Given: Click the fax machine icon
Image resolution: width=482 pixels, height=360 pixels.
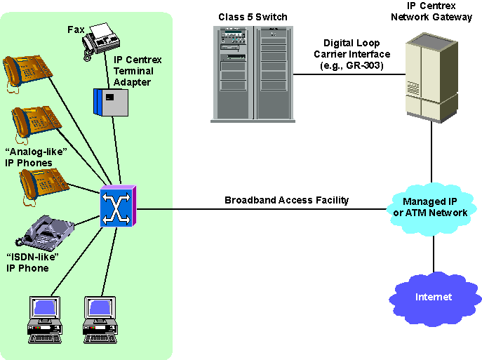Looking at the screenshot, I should pyautogui.click(x=100, y=41).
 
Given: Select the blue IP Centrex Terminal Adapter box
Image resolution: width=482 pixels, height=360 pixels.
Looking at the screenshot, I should pyautogui.click(x=112, y=102).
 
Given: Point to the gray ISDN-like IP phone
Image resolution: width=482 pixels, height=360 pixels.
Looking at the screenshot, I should pyautogui.click(x=50, y=234).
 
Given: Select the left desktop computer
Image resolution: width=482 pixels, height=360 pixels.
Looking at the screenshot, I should pyautogui.click(x=46, y=319).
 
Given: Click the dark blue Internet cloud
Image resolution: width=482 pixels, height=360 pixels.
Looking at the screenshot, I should pyautogui.click(x=433, y=297).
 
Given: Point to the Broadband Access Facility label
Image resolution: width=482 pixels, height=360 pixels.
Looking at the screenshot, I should pyautogui.click(x=286, y=201).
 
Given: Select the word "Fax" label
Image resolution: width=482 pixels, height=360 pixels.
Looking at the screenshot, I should pyautogui.click(x=76, y=29).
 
